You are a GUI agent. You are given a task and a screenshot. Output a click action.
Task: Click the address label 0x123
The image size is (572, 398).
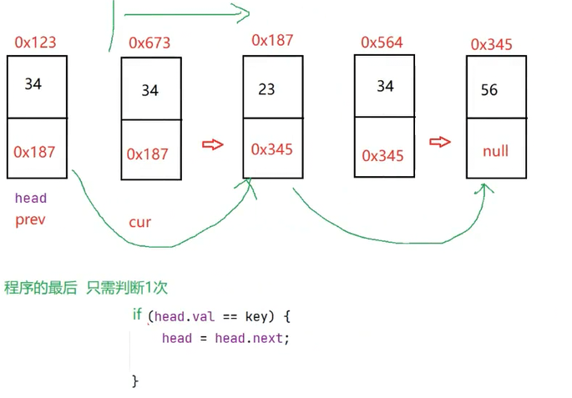coord(35,42)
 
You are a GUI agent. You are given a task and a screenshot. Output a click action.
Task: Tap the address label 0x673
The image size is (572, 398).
coord(149,43)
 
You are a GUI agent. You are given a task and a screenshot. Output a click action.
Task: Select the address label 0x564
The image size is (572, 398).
coord(382,43)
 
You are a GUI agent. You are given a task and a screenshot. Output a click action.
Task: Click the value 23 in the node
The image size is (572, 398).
coord(266,89)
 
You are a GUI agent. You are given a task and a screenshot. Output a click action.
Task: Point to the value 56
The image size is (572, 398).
coord(489,90)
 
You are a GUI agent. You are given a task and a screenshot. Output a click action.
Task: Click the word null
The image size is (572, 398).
coord(495,152)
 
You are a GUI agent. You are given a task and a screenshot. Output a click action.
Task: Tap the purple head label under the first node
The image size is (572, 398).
coord(31,199)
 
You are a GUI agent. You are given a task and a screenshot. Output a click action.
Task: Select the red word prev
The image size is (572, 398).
coord(30,220)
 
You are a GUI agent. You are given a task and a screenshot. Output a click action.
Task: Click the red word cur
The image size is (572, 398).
coord(139,222)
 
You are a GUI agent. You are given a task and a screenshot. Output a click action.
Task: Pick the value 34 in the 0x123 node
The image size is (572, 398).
coord(33,83)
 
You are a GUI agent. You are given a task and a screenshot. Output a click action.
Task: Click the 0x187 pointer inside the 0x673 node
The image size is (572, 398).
coord(147,154)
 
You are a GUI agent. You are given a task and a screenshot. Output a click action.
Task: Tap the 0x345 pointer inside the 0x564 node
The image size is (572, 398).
coord(382,156)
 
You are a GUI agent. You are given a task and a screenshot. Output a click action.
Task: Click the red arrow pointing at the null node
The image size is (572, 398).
coord(440,142)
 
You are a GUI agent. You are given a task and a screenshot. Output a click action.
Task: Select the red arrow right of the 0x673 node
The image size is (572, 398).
coord(213,144)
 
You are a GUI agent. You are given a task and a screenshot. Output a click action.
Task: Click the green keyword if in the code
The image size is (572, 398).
coord(137,315)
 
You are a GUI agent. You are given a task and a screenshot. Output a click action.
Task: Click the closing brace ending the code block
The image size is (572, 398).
coord(135,380)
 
